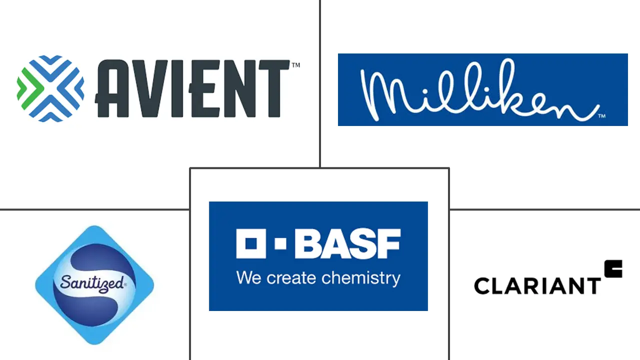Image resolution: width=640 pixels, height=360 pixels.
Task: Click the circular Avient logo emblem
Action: point(50,88)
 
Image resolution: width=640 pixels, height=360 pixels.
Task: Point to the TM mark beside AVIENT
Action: point(295,65)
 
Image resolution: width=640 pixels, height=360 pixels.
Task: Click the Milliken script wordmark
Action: point(480,90)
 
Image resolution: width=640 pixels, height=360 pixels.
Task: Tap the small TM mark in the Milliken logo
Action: point(602,116)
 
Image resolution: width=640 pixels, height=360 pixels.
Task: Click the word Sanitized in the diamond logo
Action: point(91,283)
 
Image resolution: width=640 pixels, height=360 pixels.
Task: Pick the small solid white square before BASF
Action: point(281,243)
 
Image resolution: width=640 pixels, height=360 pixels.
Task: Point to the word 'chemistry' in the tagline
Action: point(363,278)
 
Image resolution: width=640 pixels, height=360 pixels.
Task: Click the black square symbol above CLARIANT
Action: point(613,268)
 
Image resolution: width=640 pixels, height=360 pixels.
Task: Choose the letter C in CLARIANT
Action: point(483,285)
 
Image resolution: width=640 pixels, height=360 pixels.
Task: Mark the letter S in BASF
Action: point(363,243)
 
